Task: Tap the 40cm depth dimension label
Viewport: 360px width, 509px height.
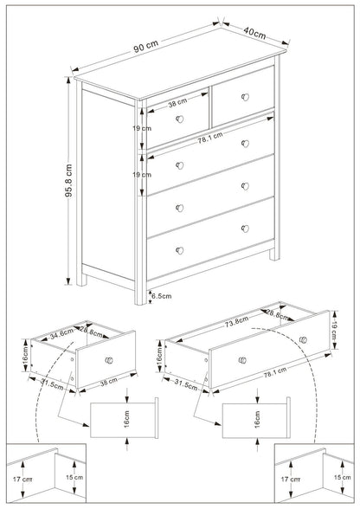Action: coord(254,32)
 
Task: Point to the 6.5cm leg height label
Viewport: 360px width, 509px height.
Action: coord(160,295)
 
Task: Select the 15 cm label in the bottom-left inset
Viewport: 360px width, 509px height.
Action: coord(76,477)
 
